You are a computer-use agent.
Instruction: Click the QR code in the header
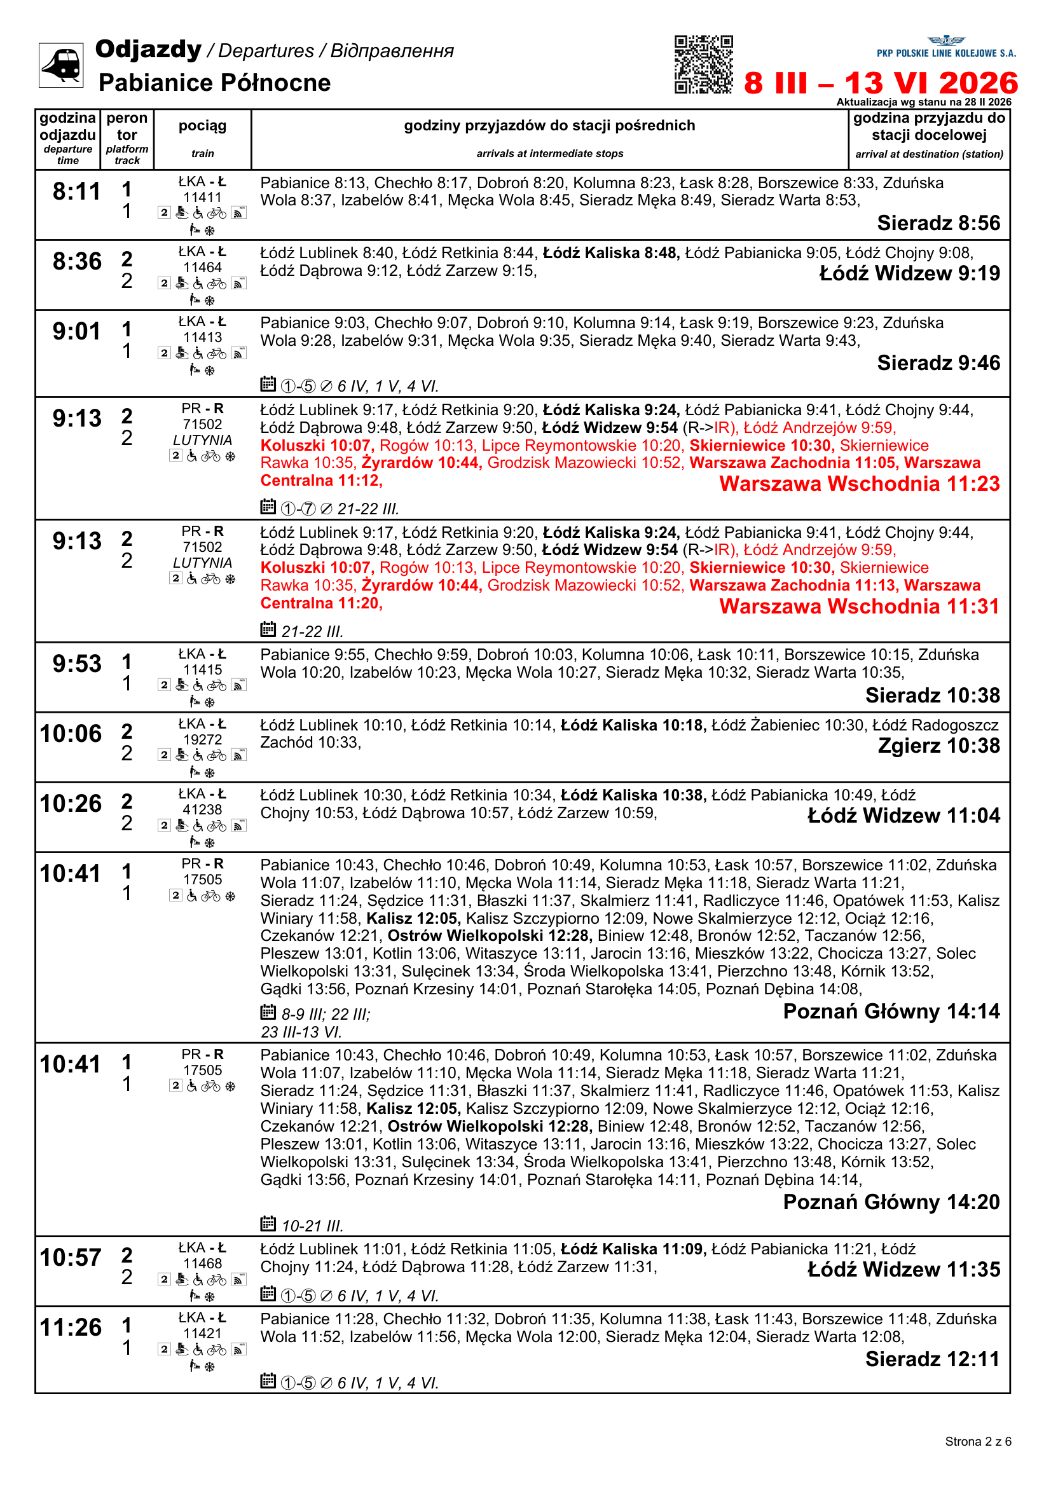[x=703, y=65]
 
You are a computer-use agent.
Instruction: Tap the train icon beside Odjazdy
[x=61, y=65]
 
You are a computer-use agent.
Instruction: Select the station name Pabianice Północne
[x=214, y=83]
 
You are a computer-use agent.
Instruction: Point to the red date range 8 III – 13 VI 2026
[x=880, y=83]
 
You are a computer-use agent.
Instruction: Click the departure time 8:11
[x=76, y=192]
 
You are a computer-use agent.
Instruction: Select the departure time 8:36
[x=76, y=262]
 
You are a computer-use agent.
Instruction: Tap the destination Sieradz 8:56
[x=938, y=223]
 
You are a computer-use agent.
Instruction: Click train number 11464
[x=202, y=268]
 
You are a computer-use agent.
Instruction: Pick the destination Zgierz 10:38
[x=938, y=746]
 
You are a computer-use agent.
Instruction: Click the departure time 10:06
[x=71, y=734]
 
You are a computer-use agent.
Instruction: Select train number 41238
[x=202, y=809]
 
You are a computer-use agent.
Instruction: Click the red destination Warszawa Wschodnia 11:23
[x=859, y=484]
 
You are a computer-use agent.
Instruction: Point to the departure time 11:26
[x=71, y=1327]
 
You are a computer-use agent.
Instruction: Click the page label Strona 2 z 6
[x=977, y=1442]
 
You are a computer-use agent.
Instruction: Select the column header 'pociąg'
[x=202, y=126]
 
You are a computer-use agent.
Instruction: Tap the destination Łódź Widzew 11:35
[x=903, y=1270]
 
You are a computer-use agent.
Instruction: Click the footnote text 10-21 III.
[x=312, y=1226]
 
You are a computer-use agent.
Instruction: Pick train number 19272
[x=202, y=739]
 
